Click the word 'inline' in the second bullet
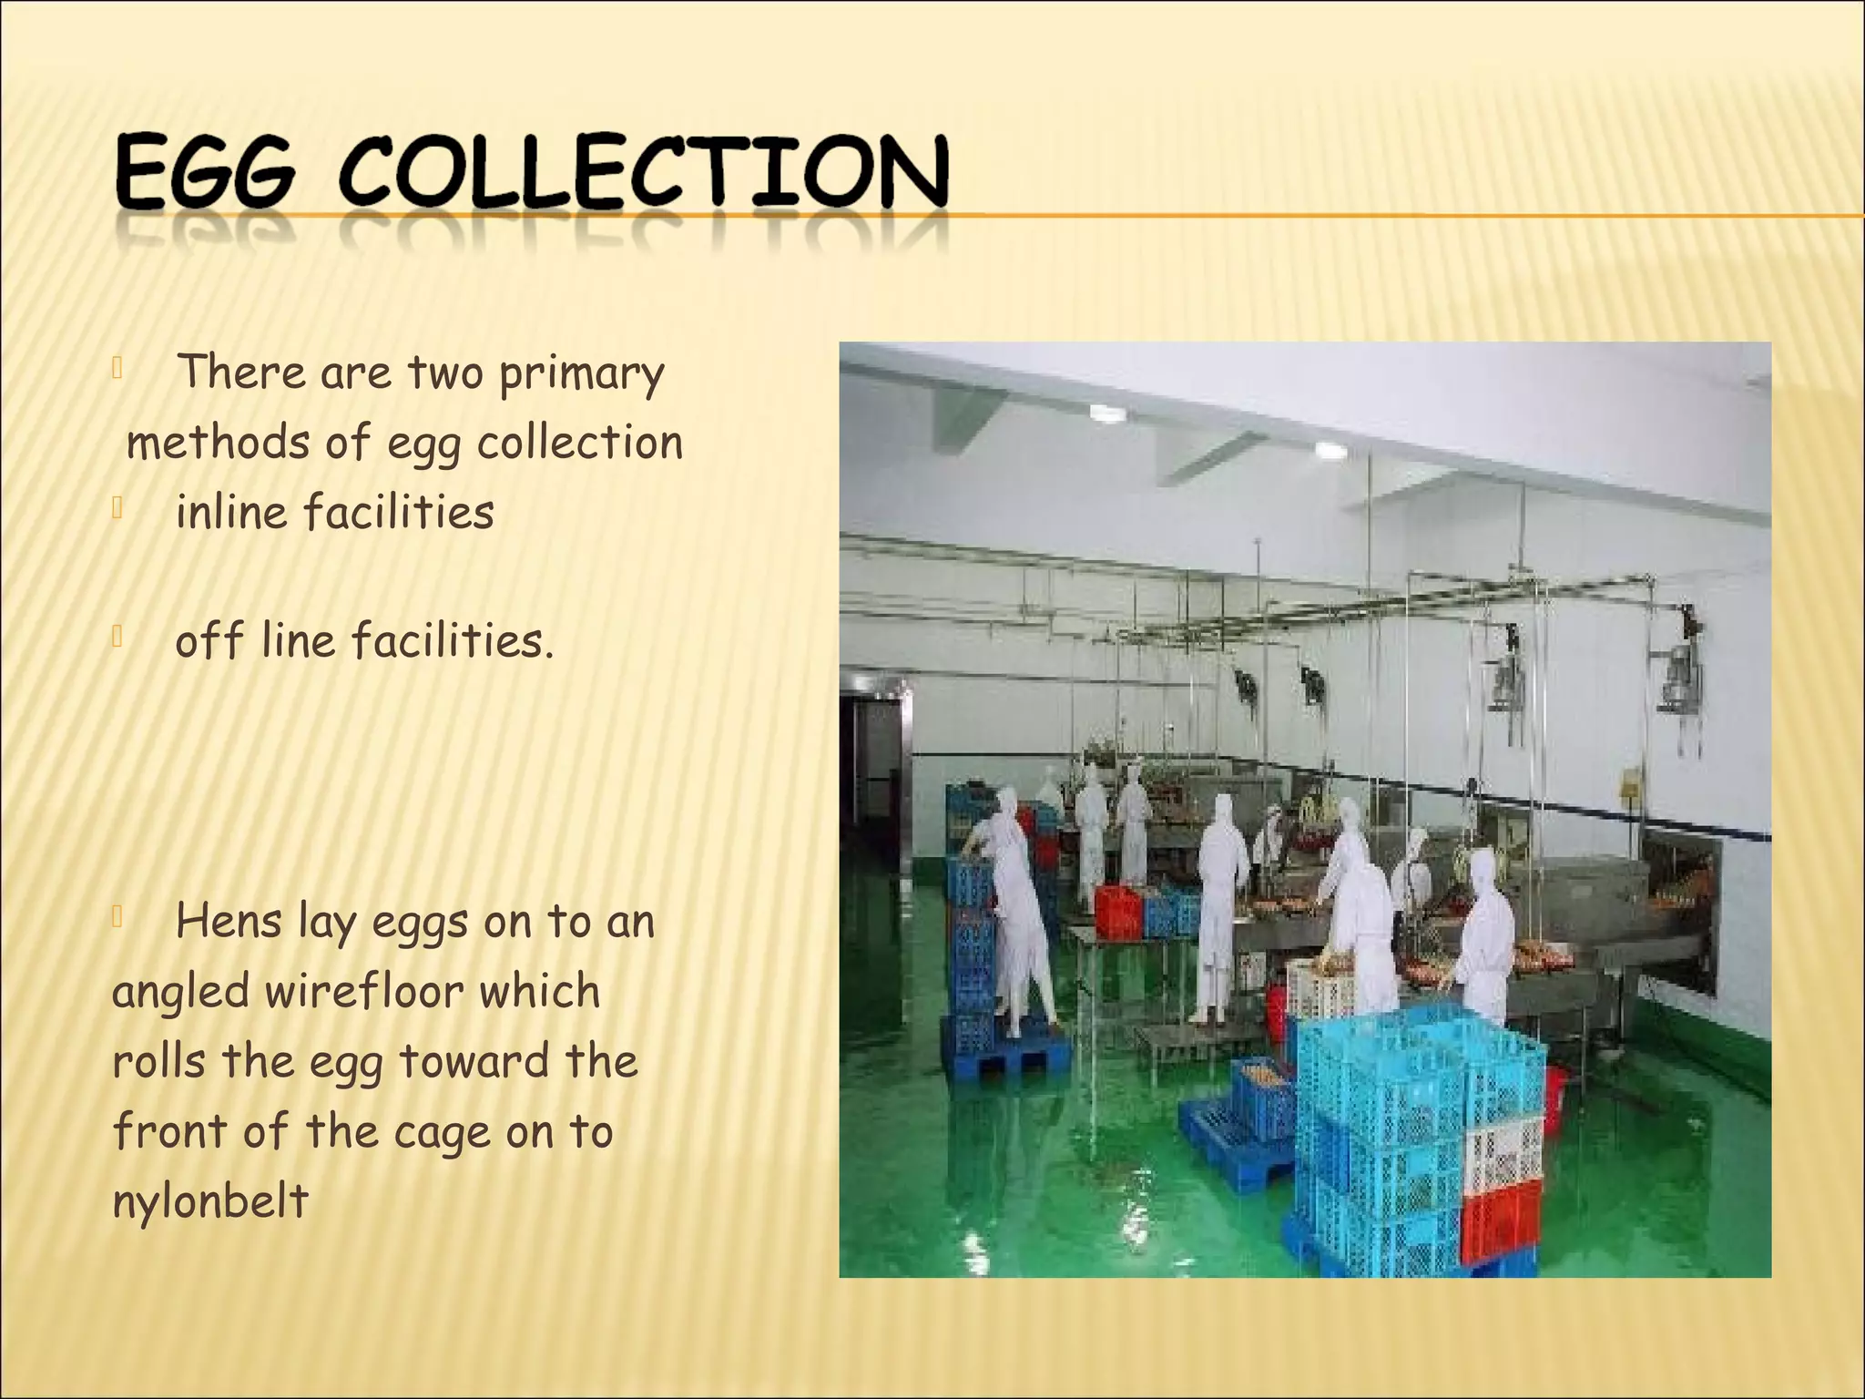(231, 513)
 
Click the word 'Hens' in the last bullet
(228, 922)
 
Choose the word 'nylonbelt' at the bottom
(210, 1202)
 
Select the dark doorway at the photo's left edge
(871, 765)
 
